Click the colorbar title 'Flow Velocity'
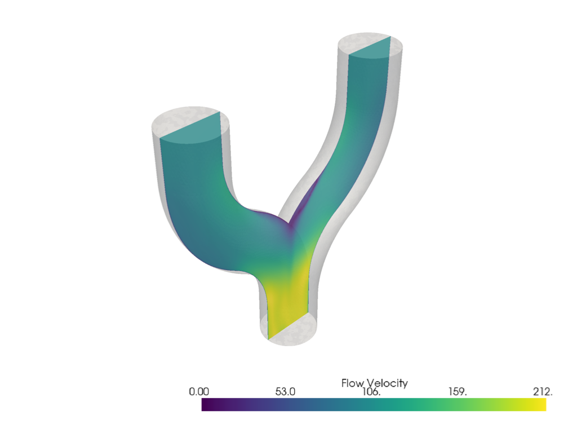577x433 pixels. click(374, 383)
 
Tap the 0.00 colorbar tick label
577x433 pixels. click(199, 392)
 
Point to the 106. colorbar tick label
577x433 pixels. click(371, 392)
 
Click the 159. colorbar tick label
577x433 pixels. click(457, 392)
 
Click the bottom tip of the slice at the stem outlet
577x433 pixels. click(268, 338)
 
